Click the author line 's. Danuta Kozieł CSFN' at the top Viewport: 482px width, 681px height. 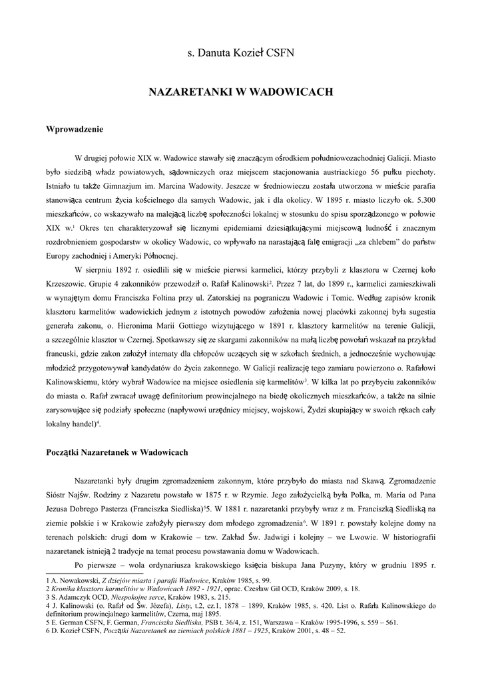(x=240, y=52)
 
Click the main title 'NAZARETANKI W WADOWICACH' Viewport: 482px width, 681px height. (x=240, y=92)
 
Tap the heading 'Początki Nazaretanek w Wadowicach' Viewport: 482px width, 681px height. (x=117, y=452)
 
